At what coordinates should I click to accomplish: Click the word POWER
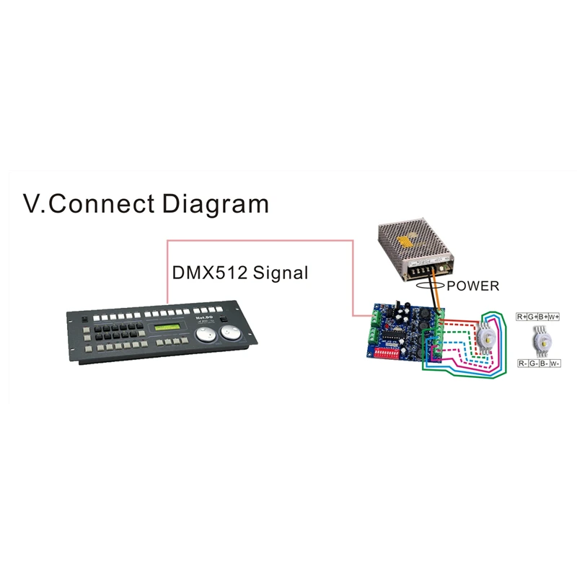pyautogui.click(x=472, y=286)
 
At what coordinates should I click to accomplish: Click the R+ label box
pyautogui.click(x=522, y=317)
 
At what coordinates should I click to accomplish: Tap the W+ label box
pyautogui.click(x=555, y=317)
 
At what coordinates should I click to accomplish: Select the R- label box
pyautogui.click(x=522, y=364)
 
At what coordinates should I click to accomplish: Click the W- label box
pyautogui.click(x=555, y=364)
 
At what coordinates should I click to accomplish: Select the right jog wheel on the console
pyautogui.click(x=231, y=334)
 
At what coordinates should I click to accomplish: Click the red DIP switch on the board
pyautogui.click(x=388, y=354)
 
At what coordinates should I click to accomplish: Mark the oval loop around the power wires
pyautogui.click(x=436, y=285)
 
